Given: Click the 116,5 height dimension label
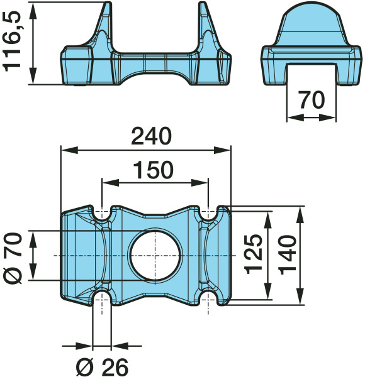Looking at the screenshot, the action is pos(13,41).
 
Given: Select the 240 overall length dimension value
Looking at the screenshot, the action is pos(152,136).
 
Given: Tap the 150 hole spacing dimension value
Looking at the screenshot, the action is pos(154,170).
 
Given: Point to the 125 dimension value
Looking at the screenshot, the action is pos(253,254).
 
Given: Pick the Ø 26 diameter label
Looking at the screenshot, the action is pos(102,368).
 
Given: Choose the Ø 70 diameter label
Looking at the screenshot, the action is pos(13,258).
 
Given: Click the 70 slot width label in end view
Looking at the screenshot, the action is pos(312,99).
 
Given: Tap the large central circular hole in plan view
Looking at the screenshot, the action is pos(155,256).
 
